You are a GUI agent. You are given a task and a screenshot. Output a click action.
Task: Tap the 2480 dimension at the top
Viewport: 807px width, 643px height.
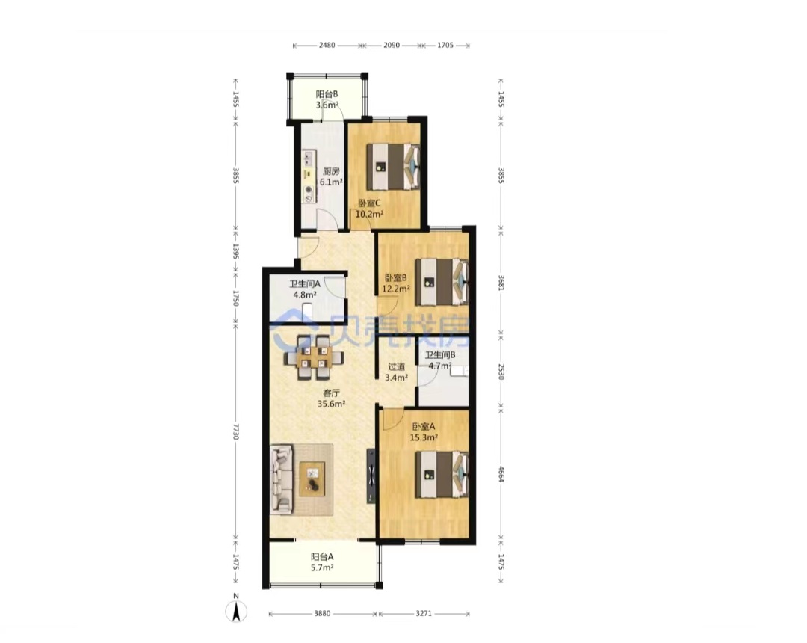(x=327, y=46)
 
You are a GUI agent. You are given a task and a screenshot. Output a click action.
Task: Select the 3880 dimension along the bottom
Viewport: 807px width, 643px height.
(x=322, y=614)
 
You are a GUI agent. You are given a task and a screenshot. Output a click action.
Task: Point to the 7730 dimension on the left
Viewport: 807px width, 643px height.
(x=236, y=431)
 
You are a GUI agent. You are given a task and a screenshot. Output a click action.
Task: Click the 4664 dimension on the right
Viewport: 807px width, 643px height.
(x=501, y=473)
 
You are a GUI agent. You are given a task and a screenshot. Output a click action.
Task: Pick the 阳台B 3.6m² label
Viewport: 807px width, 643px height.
(x=327, y=99)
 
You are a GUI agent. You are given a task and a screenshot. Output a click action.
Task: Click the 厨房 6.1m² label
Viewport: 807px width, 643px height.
(x=331, y=176)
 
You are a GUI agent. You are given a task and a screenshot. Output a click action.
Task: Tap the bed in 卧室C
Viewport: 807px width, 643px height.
(x=393, y=167)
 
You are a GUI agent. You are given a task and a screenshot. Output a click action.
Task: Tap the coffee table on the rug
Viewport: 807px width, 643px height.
(x=312, y=479)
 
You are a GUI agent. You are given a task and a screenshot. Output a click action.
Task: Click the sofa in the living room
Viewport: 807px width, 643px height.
(x=282, y=480)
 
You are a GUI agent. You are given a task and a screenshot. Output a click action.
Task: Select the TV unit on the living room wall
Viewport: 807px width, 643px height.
(x=371, y=476)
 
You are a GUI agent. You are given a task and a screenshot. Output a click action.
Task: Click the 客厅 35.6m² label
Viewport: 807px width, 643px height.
(x=331, y=399)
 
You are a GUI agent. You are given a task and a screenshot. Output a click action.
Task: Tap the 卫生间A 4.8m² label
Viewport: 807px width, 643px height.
(x=305, y=289)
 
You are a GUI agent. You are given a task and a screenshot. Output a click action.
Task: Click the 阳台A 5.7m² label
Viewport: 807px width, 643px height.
(x=322, y=562)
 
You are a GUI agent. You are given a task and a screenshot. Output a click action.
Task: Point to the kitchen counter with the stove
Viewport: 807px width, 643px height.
(x=309, y=176)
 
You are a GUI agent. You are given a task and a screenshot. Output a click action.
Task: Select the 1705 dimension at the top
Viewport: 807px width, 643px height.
(x=445, y=46)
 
